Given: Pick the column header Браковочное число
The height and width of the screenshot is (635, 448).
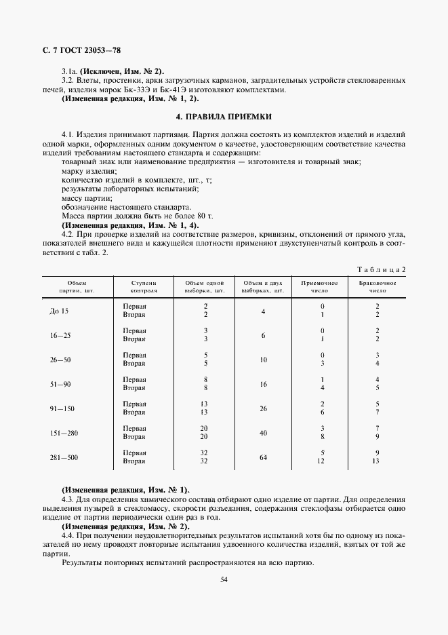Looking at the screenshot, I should tap(378, 286).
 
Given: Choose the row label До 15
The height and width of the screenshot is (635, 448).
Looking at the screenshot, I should tap(60, 311).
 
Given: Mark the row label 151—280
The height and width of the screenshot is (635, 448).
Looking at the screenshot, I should tap(64, 433).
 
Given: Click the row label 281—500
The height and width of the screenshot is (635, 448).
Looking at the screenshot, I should tap(64, 457).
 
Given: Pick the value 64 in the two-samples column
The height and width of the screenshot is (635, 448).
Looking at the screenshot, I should tap(263, 457).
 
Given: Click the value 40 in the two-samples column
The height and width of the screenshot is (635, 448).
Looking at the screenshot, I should tap(263, 433).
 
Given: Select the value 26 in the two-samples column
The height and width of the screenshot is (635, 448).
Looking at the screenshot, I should tap(263, 408).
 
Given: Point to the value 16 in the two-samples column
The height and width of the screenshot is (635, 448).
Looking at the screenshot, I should tap(263, 384).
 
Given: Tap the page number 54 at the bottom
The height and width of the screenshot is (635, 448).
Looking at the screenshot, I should tap(224, 579).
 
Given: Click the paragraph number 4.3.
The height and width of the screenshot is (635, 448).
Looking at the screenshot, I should tap(68, 499).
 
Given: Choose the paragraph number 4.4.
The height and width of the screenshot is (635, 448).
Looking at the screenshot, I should tap(68, 535).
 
